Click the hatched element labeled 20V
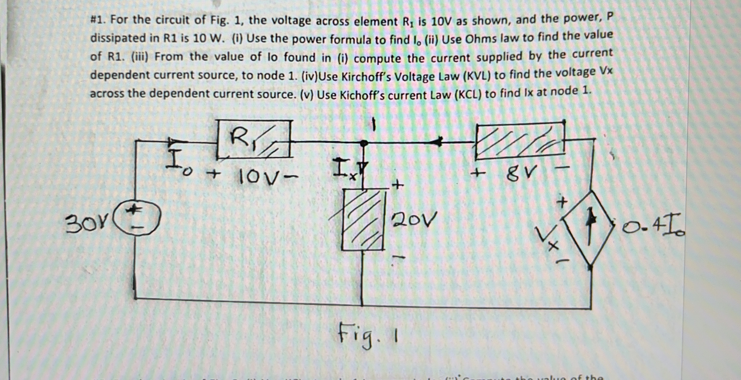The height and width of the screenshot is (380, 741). tap(363, 220)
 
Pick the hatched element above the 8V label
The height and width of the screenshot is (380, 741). tap(520, 141)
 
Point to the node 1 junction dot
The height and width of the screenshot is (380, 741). tap(364, 143)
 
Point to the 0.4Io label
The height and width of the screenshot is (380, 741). tap(653, 229)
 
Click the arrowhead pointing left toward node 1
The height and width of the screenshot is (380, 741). tap(438, 142)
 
